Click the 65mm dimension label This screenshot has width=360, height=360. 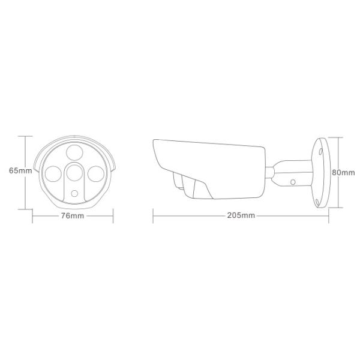click(x=20, y=170)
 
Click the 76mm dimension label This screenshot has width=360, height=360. click(x=73, y=216)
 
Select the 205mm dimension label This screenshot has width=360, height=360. click(x=241, y=215)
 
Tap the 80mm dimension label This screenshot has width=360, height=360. click(x=343, y=172)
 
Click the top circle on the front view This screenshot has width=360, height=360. click(x=74, y=152)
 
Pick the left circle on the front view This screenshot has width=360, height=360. click(x=53, y=174)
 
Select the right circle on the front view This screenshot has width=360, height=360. click(x=96, y=174)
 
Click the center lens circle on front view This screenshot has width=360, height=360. click(x=74, y=173)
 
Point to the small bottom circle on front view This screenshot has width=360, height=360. click(x=74, y=194)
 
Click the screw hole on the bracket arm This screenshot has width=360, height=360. click(x=293, y=182)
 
